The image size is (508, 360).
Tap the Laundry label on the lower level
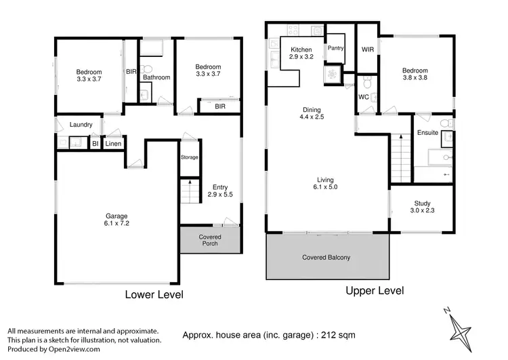(x=81, y=125)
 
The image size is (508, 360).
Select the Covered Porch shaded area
(x=209, y=240)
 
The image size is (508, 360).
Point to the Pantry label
(x=336, y=48)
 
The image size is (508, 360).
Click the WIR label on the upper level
(x=368, y=49)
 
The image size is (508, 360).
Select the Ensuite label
(x=427, y=132)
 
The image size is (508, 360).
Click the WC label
(x=363, y=97)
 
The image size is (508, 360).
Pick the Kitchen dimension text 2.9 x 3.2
(x=301, y=58)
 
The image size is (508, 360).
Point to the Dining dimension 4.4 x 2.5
(x=312, y=117)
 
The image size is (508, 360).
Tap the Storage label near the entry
(x=190, y=157)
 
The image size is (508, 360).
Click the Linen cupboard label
(x=112, y=143)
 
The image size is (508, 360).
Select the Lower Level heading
(x=154, y=295)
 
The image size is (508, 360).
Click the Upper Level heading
(x=375, y=291)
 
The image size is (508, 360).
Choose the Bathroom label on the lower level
(x=156, y=78)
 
